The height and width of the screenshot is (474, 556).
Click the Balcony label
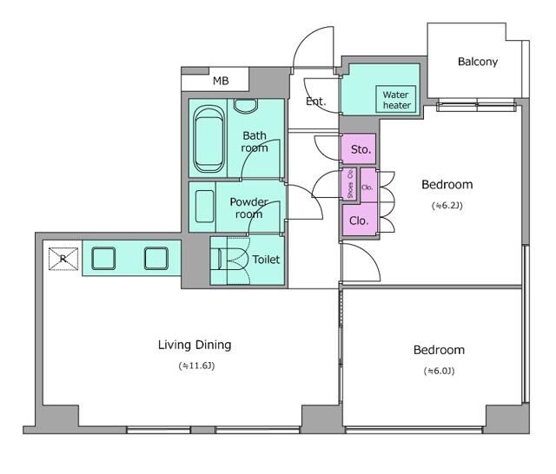pyautogui.click(x=478, y=62)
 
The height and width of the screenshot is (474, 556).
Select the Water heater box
pyautogui.click(x=396, y=99)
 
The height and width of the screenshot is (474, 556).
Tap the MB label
pyautogui.click(x=221, y=81)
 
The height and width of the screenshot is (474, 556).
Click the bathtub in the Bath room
pyautogui.click(x=208, y=139)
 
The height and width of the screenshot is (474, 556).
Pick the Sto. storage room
pyautogui.click(x=358, y=148)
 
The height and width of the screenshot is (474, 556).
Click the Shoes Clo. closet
pyautogui.click(x=350, y=183)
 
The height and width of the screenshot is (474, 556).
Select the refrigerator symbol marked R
pyautogui.click(x=63, y=259)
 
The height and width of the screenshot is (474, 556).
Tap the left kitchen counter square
pyautogui.click(x=103, y=258)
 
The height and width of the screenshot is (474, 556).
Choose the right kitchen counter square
pyautogui.click(x=156, y=258)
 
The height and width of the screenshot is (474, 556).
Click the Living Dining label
pyautogui.click(x=195, y=345)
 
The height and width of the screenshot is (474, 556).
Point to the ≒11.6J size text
pyautogui.click(x=196, y=365)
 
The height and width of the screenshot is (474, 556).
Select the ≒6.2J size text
pyautogui.click(x=447, y=206)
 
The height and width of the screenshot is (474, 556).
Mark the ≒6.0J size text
pyautogui.click(x=439, y=371)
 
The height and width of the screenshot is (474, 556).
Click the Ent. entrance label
pyautogui.click(x=315, y=102)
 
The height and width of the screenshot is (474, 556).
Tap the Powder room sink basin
pyautogui.click(x=205, y=207)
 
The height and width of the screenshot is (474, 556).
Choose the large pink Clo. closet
pyautogui.click(x=359, y=220)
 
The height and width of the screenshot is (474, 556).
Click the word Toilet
pyautogui.click(x=266, y=260)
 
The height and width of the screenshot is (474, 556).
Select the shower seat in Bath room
pyautogui.click(x=245, y=106)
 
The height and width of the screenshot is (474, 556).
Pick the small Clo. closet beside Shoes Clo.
pyautogui.click(x=367, y=186)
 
